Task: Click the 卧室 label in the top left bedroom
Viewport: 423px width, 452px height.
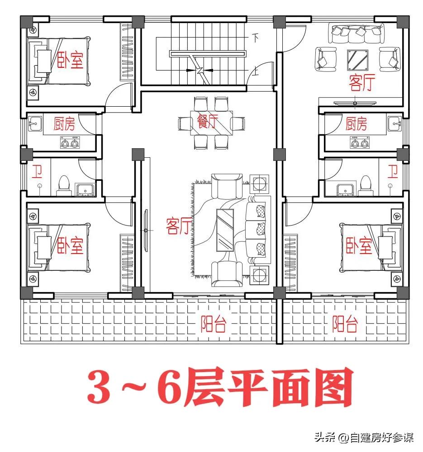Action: click(70, 60)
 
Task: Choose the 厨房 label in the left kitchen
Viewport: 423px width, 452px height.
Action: click(64, 124)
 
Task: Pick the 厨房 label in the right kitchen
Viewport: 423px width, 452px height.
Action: click(356, 124)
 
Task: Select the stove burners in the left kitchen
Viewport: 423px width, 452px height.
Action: click(70, 143)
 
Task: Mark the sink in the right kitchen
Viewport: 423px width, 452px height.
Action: click(394, 122)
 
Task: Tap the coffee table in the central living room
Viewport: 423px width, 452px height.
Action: click(225, 229)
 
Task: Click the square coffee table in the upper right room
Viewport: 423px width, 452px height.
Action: click(357, 59)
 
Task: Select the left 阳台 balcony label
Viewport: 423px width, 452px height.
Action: click(213, 325)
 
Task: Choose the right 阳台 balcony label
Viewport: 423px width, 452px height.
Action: click(345, 324)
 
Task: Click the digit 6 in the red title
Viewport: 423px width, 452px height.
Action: click(174, 387)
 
